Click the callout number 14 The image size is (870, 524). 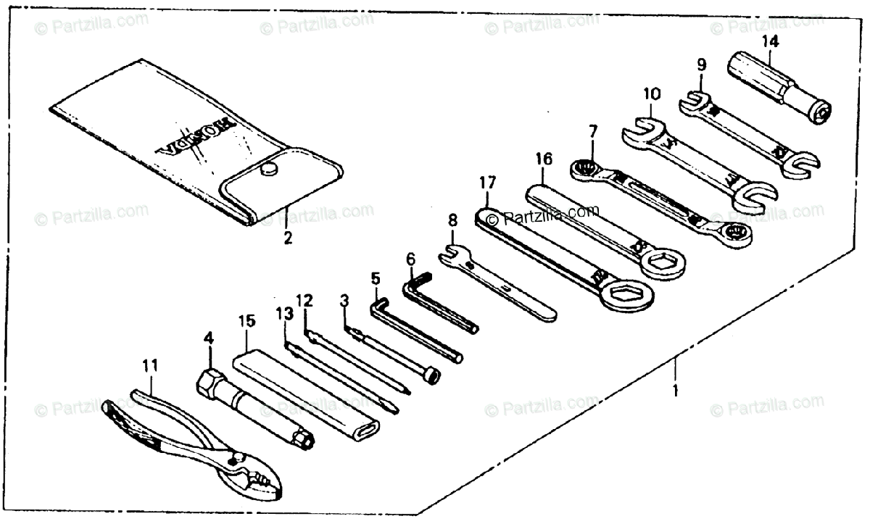(x=770, y=41)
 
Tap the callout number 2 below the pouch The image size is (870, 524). (x=288, y=237)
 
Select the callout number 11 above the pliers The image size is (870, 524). (x=150, y=366)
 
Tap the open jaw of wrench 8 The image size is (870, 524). (x=449, y=252)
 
